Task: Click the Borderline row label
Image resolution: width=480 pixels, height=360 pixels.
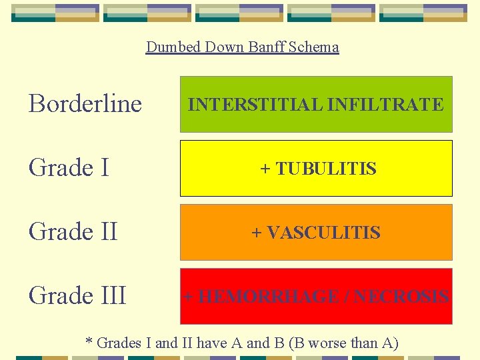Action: click(x=85, y=104)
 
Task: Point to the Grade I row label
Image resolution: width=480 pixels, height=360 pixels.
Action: click(x=69, y=168)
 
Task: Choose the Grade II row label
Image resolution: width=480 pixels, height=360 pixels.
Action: click(x=73, y=232)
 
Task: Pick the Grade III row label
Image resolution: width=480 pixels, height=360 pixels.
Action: click(x=77, y=295)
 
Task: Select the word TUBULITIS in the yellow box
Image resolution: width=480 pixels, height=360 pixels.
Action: click(x=326, y=169)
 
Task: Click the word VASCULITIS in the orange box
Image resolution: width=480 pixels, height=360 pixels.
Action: click(x=324, y=233)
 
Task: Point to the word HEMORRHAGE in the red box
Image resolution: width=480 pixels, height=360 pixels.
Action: click(x=268, y=297)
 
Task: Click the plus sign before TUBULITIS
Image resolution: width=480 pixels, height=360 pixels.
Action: click(x=265, y=169)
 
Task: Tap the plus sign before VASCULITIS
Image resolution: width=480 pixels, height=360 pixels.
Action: click(x=257, y=233)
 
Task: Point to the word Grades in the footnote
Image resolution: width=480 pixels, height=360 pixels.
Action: click(x=119, y=343)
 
